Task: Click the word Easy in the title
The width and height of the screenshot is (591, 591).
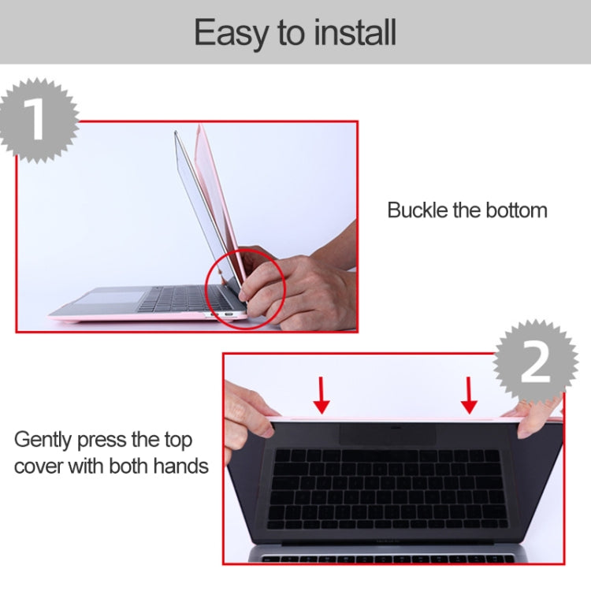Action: pyautogui.click(x=229, y=33)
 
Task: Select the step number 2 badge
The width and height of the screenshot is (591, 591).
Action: pyautogui.click(x=536, y=363)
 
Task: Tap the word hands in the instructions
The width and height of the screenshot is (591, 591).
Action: pyautogui.click(x=177, y=466)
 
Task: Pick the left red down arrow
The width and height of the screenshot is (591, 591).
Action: pyautogui.click(x=321, y=395)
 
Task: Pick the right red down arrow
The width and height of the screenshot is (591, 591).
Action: pyautogui.click(x=469, y=395)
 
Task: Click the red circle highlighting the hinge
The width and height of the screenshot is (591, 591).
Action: pyautogui.click(x=244, y=288)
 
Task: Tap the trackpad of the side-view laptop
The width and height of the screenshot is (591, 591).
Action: pyautogui.click(x=110, y=299)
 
